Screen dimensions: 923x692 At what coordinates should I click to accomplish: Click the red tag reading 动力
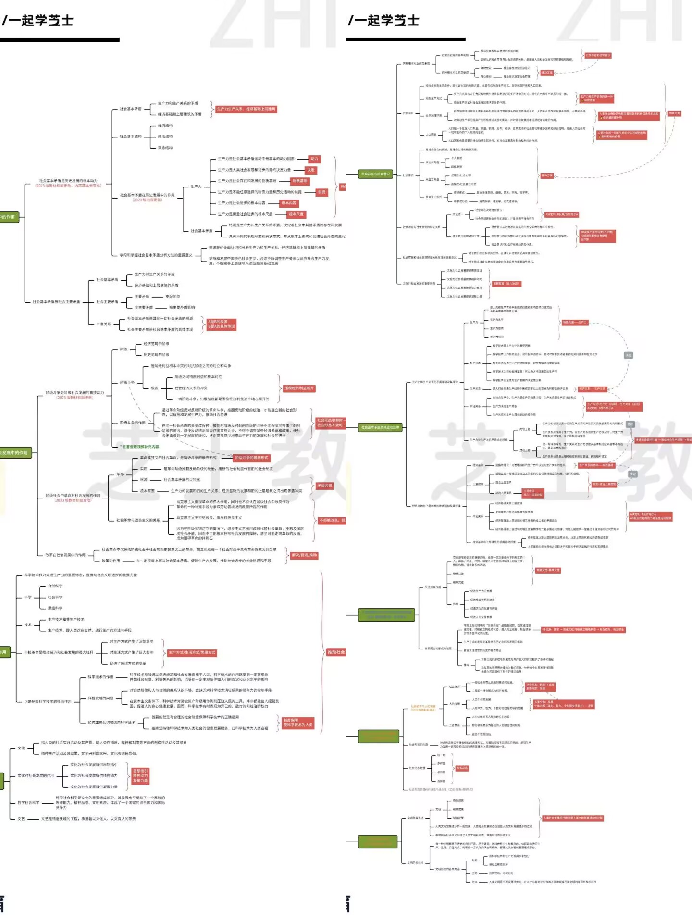click(314, 159)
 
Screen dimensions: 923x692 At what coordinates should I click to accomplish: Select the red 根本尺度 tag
click(296, 214)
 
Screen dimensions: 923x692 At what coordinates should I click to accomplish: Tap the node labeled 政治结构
click(165, 137)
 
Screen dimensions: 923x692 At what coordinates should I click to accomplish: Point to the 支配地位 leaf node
click(173, 297)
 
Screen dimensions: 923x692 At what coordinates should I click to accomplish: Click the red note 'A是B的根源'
click(221, 324)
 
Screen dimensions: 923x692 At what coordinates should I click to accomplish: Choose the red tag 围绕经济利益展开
click(298, 388)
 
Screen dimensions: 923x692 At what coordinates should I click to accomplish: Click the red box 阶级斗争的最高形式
click(251, 458)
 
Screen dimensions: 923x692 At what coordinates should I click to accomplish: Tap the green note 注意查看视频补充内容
click(140, 447)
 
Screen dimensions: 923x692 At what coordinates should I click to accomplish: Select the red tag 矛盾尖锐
click(324, 486)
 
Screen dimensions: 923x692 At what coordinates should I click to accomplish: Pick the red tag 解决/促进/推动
click(304, 555)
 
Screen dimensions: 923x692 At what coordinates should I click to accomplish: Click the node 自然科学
click(55, 586)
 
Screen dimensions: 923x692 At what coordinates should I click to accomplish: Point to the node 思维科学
click(55, 608)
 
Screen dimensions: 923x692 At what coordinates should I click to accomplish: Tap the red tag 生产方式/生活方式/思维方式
click(192, 652)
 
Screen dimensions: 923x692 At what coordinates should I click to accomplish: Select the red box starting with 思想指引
click(140, 775)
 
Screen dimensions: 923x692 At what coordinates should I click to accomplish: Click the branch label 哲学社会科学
click(28, 802)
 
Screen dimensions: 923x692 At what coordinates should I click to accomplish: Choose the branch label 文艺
click(21, 819)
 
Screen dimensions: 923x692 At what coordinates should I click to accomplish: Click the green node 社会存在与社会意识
click(375, 174)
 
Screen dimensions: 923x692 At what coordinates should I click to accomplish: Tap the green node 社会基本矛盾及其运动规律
click(380, 427)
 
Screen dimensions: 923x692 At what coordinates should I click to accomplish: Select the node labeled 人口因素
click(431, 135)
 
